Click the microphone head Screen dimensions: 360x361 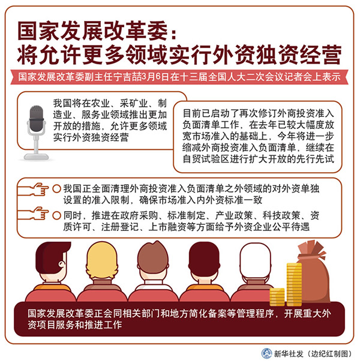pos(37,119)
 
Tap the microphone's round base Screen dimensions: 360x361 pos(36,157)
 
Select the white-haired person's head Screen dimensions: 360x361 pos(255,262)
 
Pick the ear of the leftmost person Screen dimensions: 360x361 pos(62,264)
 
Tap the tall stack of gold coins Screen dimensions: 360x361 pos(294,284)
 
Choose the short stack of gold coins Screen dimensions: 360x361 pos(277,297)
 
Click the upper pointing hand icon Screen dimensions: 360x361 pos(34,189)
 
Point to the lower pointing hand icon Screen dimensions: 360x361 pos(34,213)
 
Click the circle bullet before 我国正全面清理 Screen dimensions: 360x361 pos(56,189)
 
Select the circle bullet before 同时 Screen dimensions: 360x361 pos(56,215)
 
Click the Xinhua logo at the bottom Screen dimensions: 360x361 pos(266,353)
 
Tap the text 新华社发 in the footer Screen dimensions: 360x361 pos(289,353)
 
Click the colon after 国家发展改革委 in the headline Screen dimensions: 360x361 pos(173,34)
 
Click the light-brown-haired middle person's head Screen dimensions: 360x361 pos(153,260)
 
